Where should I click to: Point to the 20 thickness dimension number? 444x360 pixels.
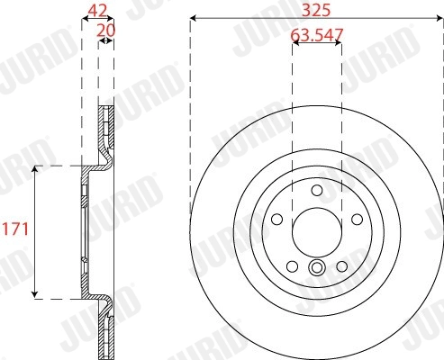point(106,31)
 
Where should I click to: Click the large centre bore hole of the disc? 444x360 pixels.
point(316,230)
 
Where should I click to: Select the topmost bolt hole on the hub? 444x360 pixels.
point(316,190)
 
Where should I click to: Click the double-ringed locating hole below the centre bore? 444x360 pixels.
point(316,267)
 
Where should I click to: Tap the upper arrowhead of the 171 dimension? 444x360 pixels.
point(35,170)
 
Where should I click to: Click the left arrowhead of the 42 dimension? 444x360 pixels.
point(85,19)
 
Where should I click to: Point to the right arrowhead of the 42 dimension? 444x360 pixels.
point(112,19)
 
